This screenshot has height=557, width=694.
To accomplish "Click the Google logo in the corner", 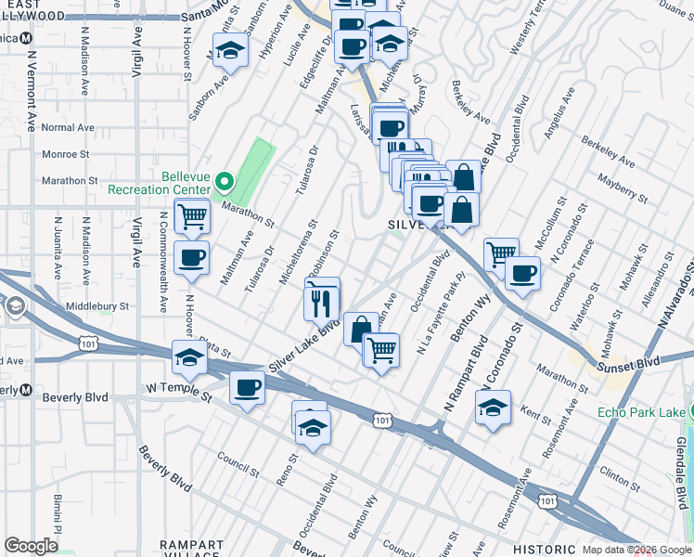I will (32, 546).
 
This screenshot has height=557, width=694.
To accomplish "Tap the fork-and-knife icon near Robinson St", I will (320, 301).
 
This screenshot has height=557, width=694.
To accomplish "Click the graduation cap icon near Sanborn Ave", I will (229, 52).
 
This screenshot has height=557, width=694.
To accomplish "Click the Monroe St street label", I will (64, 154).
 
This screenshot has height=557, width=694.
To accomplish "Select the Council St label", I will (238, 459).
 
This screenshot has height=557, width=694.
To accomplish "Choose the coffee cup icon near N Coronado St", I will (522, 273).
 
